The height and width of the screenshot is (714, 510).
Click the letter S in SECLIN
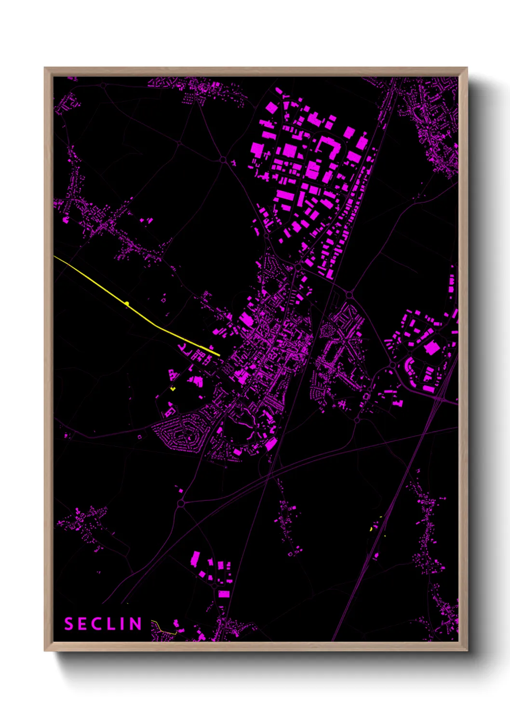[69, 624]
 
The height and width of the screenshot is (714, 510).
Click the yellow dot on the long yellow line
[127, 303]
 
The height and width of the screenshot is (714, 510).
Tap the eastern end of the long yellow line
[219, 356]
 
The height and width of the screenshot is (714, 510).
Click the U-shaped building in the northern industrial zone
[329, 148]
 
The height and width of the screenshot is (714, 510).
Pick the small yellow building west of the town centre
[173, 388]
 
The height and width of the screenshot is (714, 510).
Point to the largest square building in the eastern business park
[431, 348]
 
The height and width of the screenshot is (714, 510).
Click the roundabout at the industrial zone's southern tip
[299, 266]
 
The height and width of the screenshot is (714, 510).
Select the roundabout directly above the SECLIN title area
[181, 503]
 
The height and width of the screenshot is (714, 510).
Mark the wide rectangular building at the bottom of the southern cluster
[224, 594]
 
